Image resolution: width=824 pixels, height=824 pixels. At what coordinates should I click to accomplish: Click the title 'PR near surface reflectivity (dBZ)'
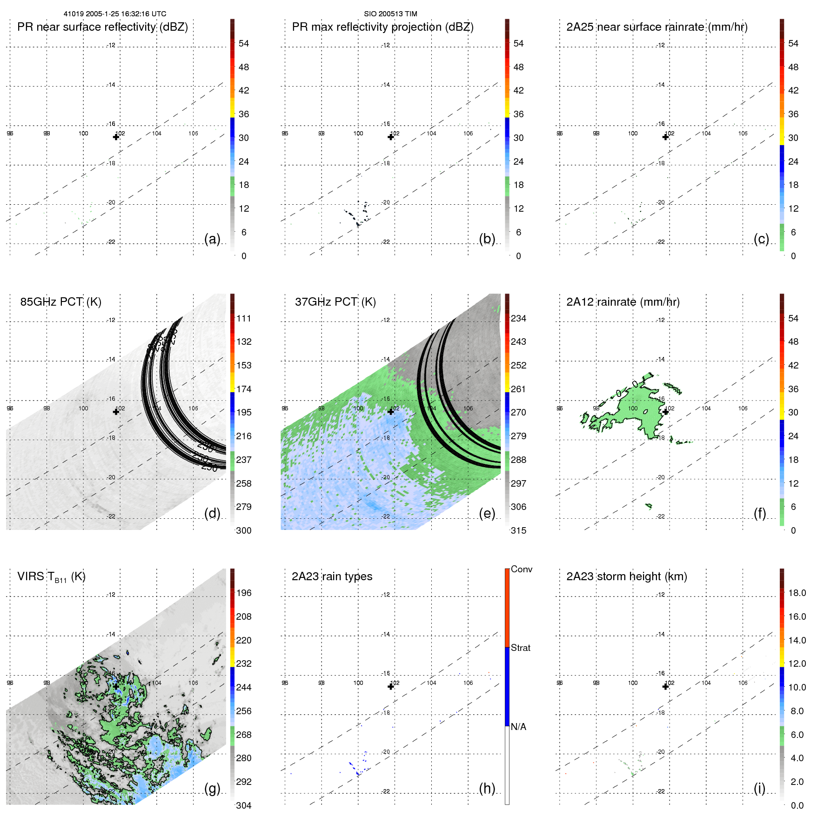102,27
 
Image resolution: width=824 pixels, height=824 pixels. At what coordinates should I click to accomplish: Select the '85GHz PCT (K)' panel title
60,302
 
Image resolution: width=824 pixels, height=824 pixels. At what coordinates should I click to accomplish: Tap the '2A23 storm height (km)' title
626,576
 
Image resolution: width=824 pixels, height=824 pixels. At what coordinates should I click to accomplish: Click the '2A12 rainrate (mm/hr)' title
623,302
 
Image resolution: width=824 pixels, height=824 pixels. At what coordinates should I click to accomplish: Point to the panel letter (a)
212,239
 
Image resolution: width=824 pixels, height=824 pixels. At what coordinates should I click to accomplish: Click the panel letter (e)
487,513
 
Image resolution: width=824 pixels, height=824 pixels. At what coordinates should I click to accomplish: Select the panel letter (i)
759,788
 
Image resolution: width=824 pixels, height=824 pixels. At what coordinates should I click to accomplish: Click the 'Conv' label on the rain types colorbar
521,569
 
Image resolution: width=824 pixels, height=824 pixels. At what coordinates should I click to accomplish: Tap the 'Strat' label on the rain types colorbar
520,648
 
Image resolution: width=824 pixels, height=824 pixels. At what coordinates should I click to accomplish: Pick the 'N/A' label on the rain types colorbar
518,727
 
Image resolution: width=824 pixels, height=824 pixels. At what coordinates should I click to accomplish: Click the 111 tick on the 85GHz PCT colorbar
244,318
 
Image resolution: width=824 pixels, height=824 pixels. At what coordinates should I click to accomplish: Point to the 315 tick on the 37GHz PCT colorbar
518,530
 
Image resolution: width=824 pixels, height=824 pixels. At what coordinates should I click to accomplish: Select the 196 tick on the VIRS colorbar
244,593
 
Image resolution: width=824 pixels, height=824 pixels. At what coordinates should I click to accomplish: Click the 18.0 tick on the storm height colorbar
797,593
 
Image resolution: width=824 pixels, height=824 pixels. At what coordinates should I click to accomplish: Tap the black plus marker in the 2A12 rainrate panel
665,412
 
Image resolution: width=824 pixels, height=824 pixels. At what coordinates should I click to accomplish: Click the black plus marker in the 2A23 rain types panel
391,687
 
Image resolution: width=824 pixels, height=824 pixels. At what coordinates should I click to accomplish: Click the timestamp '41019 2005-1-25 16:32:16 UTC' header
115,14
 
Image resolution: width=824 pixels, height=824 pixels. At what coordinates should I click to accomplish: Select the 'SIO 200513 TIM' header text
390,14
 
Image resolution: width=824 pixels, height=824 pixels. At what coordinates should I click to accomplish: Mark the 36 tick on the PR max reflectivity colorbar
518,114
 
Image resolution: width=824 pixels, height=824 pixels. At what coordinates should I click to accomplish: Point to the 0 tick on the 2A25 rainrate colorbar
793,256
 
